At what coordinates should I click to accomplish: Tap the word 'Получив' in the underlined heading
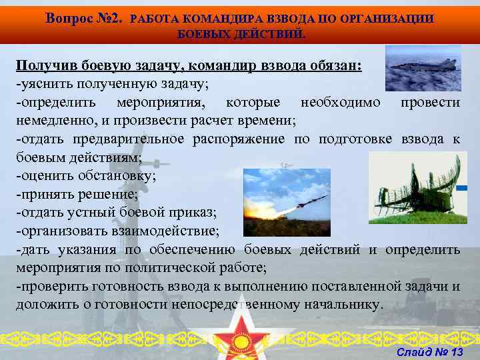click(x=47, y=65)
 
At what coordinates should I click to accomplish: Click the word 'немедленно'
click(x=51, y=120)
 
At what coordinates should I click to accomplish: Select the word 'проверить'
click(x=45, y=287)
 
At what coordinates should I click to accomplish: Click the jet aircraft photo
click(x=423, y=68)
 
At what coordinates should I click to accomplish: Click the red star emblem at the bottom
click(x=240, y=337)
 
